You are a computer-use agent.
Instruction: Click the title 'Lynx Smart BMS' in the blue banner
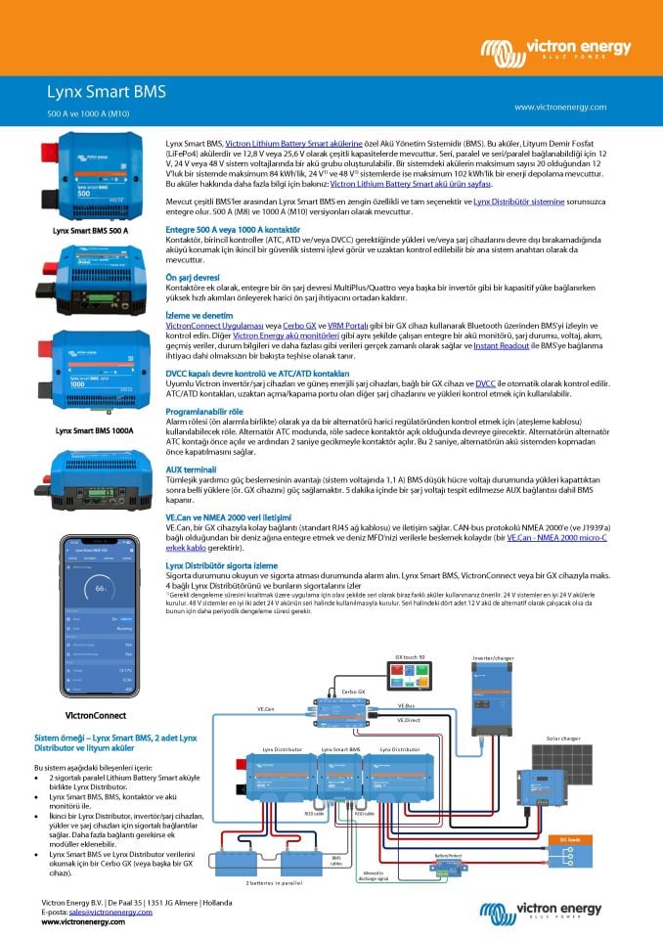pos(107,93)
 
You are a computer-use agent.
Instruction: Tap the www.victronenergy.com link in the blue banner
pos(559,107)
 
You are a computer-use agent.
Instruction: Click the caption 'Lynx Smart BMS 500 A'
pos(91,231)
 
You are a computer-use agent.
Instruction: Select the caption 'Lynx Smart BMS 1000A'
pos(94,429)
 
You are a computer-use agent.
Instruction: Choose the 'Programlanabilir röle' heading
pos(208,411)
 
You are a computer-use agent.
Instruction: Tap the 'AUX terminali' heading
pos(194,469)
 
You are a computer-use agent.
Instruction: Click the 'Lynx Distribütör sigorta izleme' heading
pos(235,564)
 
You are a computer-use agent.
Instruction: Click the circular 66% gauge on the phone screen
pos(100,589)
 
